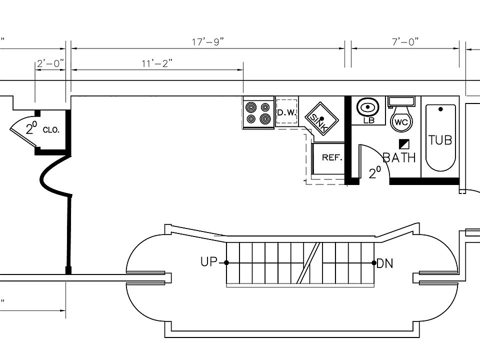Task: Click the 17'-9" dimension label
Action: (x=208, y=41)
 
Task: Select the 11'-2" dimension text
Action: (x=157, y=63)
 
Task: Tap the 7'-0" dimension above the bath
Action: (x=405, y=41)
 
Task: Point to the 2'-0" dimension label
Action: (x=50, y=63)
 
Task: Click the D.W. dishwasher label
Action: (x=287, y=112)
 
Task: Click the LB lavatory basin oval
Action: (x=367, y=107)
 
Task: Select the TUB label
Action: (x=440, y=140)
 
